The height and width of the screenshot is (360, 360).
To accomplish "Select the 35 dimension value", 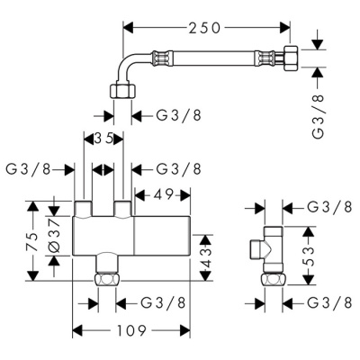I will (105, 139).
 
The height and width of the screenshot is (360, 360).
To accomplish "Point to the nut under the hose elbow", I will (121, 90).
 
